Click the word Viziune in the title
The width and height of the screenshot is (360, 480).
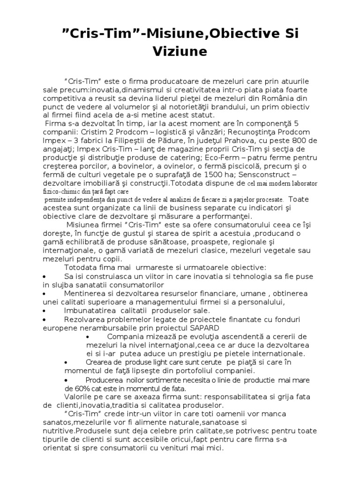pyautogui.click(x=180, y=52)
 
